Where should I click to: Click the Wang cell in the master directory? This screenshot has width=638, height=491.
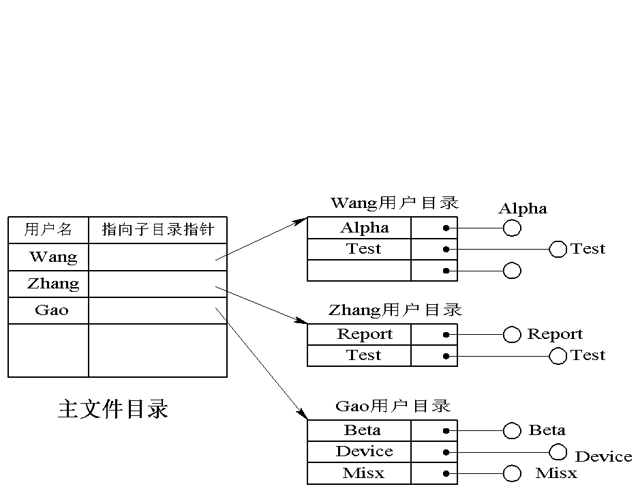(x=52, y=257)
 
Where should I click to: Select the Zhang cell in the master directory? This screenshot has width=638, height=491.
(x=52, y=284)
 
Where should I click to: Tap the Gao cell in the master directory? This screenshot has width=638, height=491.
(x=52, y=310)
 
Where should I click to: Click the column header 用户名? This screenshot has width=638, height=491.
(x=48, y=229)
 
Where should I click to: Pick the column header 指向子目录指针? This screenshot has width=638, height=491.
(x=157, y=229)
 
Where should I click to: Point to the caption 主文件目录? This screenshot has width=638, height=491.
(x=113, y=408)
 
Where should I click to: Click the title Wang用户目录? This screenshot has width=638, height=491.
(x=394, y=203)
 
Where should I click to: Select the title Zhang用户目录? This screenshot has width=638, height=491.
(x=395, y=310)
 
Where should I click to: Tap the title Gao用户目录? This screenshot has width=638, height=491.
(x=393, y=406)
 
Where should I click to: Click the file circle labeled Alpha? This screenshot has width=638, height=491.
(x=512, y=228)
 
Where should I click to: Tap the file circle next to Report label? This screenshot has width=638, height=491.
(x=512, y=335)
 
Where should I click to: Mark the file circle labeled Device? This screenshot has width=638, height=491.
(x=558, y=451)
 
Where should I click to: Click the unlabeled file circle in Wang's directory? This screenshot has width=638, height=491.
(x=512, y=271)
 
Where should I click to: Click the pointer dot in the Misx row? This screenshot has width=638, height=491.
(x=445, y=473)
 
